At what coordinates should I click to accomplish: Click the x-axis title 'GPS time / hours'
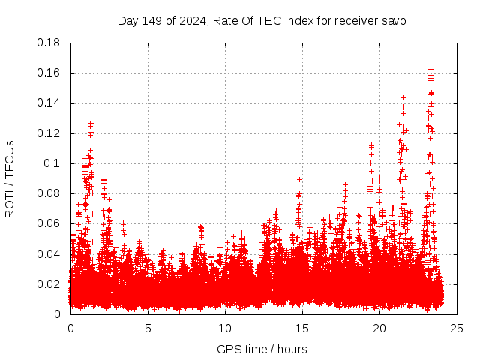pos(262,349)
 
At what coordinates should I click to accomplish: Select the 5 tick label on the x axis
pos(148,328)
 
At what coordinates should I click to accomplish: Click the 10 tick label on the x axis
pos(225,328)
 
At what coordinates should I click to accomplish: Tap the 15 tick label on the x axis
pos(302,328)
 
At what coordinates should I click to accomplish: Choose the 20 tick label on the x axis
pos(379,328)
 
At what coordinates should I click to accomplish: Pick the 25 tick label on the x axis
pos(457,328)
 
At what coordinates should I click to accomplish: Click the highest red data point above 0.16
pos(430,70)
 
